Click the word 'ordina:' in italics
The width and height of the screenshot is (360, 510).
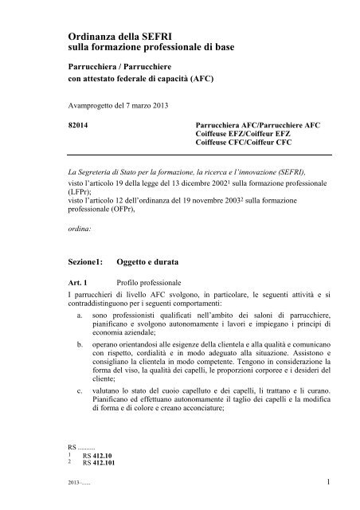click(x=80, y=228)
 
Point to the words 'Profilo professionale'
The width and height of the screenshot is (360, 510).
click(x=147, y=282)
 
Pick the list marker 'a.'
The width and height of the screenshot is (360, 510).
click(x=92, y=316)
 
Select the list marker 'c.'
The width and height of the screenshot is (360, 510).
click(x=92, y=390)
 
